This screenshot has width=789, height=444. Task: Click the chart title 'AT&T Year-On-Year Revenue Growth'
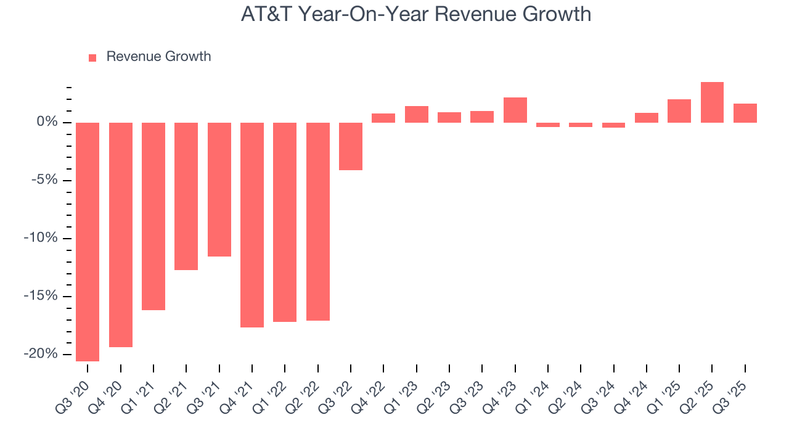click(416, 14)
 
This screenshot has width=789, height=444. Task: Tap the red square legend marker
click(92, 57)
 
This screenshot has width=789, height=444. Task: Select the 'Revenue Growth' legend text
click(158, 57)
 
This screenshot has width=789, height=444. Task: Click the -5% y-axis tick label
click(44, 180)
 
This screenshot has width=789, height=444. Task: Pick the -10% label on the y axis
click(42, 238)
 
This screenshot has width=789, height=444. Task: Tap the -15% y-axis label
click(42, 296)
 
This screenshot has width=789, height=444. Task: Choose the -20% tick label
click(42, 354)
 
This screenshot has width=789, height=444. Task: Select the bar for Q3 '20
click(88, 241)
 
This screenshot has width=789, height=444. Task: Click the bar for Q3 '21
click(219, 189)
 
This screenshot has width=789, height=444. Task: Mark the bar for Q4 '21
click(252, 224)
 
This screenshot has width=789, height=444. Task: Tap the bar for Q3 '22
click(351, 146)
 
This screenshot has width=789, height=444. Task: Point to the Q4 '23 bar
click(515, 110)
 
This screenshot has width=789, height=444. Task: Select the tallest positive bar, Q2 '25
click(712, 102)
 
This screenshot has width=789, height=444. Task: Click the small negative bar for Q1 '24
click(548, 125)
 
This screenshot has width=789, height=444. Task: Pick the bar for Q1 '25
click(679, 111)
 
